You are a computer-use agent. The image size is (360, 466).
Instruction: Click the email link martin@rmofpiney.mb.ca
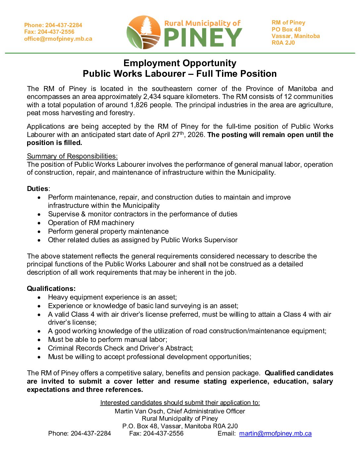click(275, 434)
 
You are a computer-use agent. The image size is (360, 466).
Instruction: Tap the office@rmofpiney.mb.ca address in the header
click(58, 39)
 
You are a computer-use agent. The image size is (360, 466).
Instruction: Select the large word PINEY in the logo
click(203, 37)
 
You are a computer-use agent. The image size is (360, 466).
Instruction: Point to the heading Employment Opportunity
click(180, 63)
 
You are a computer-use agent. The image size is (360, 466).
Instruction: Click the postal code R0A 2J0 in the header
click(283, 43)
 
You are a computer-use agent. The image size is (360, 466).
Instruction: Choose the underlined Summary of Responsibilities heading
click(72, 156)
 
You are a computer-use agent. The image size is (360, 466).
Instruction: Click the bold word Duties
click(38, 189)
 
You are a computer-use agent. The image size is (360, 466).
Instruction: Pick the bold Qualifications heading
click(51, 289)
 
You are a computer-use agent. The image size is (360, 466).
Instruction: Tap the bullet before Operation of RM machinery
click(39, 223)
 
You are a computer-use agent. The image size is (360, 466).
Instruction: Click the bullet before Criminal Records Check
click(39, 349)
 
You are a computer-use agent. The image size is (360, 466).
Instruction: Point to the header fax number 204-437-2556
click(56, 32)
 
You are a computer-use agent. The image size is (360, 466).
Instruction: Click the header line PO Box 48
click(286, 29)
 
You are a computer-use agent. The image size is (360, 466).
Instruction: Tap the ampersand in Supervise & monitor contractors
click(83, 214)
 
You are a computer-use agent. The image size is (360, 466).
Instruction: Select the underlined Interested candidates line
click(180, 402)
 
